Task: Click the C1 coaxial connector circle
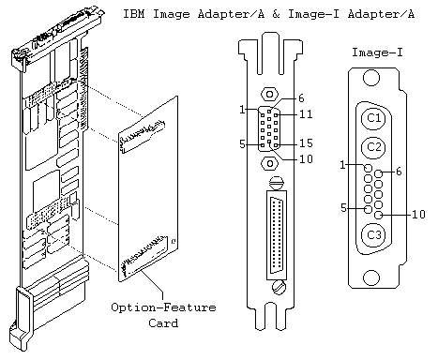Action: tap(374, 118)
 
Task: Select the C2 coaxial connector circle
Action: tap(374, 147)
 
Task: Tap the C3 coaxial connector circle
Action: tap(374, 234)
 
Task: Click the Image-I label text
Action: tap(377, 52)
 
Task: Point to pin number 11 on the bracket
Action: tap(306, 114)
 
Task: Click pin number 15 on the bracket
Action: tap(306, 142)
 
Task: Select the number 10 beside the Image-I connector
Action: tap(418, 215)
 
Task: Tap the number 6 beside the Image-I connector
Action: tap(399, 172)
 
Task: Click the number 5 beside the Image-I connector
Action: tap(343, 208)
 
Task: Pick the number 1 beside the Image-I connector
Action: tap(342, 165)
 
